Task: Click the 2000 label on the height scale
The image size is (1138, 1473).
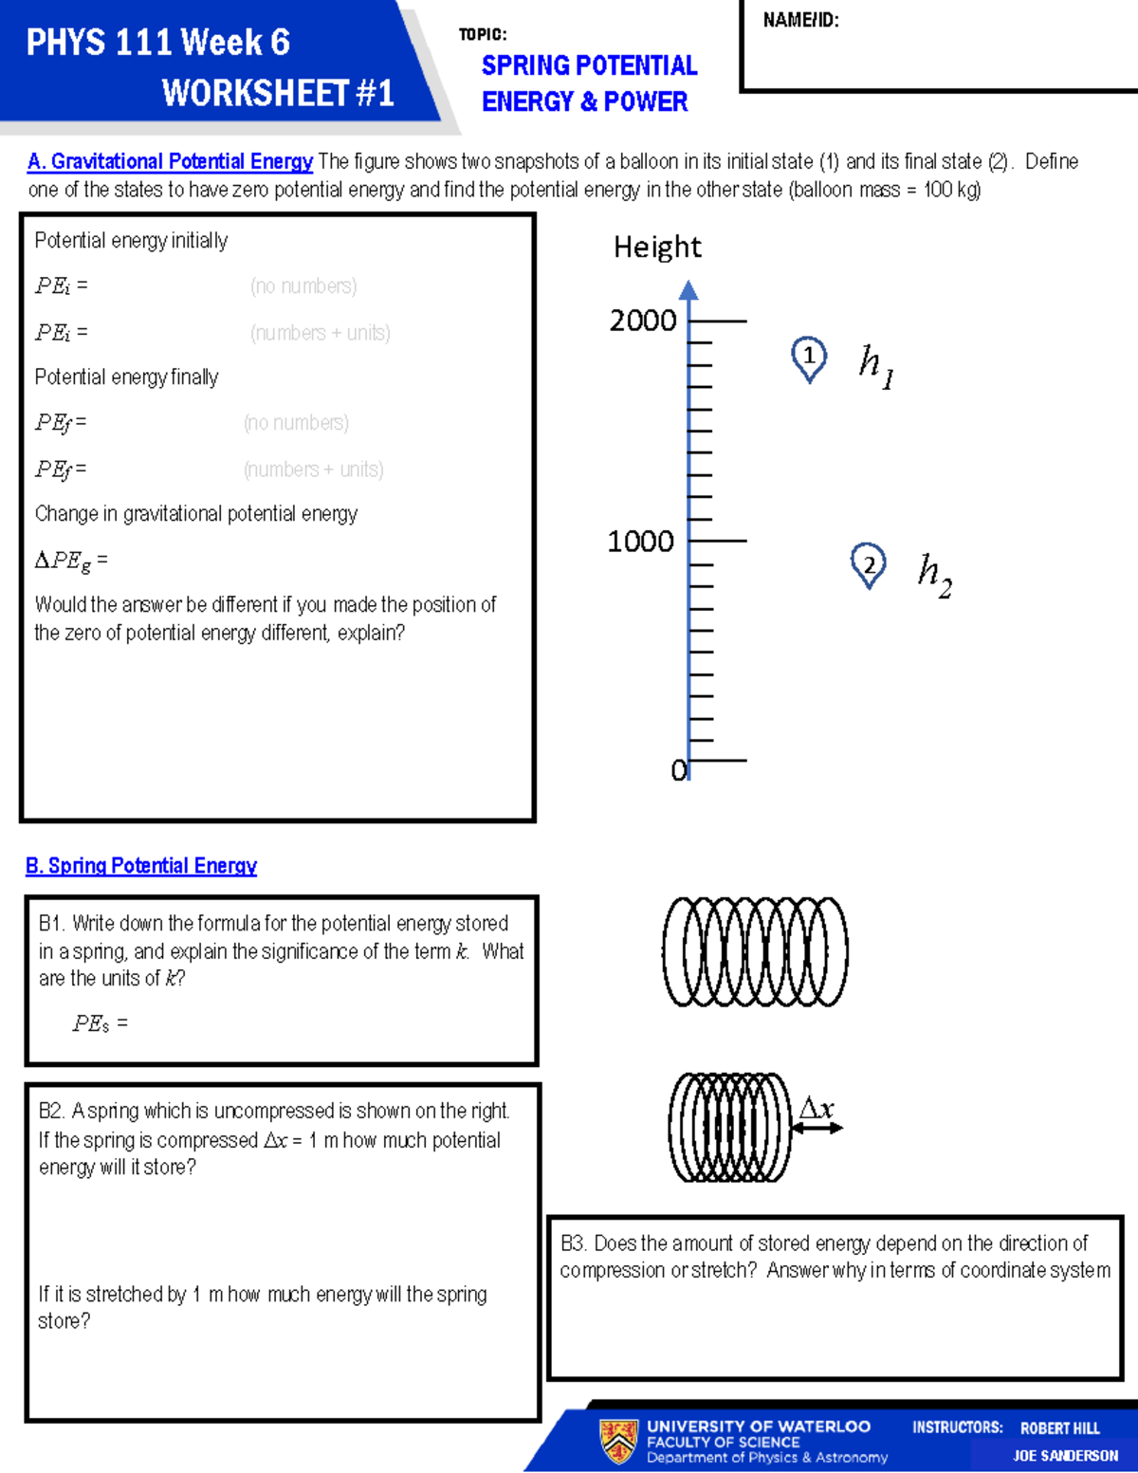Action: (x=643, y=321)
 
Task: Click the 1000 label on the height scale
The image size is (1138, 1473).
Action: (x=640, y=542)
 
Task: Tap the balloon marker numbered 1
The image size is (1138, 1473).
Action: (x=809, y=358)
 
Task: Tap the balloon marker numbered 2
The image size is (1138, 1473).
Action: (x=868, y=565)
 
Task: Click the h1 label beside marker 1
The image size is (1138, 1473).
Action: (x=875, y=365)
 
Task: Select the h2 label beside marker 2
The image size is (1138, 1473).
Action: (x=934, y=574)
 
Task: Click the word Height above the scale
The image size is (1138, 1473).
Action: (x=657, y=248)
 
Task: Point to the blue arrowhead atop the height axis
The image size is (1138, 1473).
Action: (x=689, y=289)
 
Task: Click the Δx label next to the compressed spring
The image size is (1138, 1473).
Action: (x=816, y=1108)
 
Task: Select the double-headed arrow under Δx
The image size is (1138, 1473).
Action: (x=817, y=1128)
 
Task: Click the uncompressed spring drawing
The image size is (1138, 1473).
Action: (x=755, y=951)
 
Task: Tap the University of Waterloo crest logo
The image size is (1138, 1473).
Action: (x=618, y=1441)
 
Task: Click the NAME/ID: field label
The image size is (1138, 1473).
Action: (x=800, y=20)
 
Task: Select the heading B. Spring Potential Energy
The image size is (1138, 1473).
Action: (x=141, y=866)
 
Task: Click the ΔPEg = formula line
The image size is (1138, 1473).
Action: (x=71, y=561)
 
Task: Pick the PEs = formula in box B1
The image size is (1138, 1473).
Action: (x=100, y=1023)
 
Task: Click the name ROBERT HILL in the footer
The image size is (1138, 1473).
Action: (x=1059, y=1428)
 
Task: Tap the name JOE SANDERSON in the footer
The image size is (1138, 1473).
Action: (x=1065, y=1456)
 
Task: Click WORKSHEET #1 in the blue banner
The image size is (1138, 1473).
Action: (x=278, y=93)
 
